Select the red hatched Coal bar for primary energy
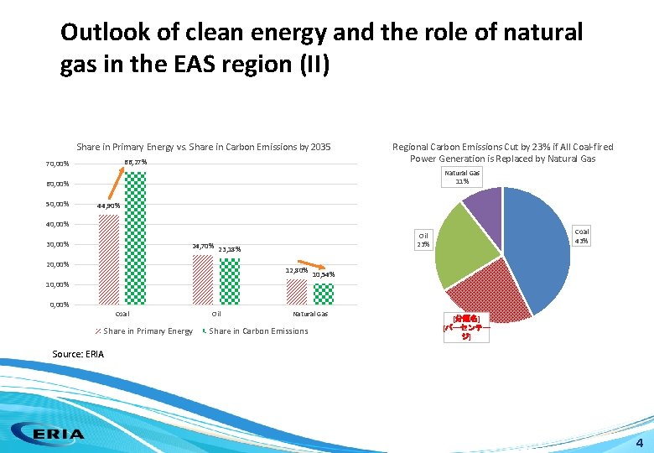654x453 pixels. (x=109, y=259)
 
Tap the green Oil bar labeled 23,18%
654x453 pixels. (x=229, y=280)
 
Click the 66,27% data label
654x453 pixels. (x=136, y=162)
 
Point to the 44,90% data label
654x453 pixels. (x=108, y=206)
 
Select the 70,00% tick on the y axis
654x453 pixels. (x=58, y=164)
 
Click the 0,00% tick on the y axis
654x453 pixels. (x=60, y=305)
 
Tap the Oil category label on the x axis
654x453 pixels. (x=215, y=314)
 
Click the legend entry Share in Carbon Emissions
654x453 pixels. (x=257, y=331)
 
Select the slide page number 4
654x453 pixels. (x=639, y=442)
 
